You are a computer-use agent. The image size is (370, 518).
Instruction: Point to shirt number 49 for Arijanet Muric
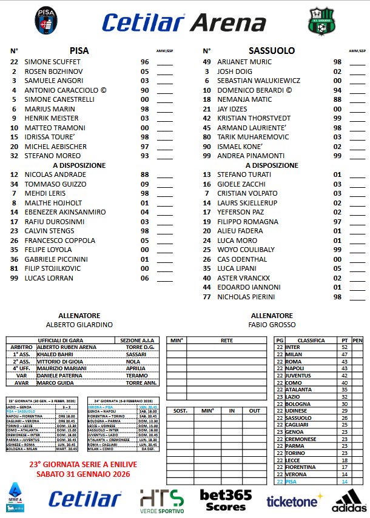[206, 62]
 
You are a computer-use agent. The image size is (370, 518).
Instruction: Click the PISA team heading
[79, 51]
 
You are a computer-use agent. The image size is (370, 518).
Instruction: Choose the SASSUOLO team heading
[272, 51]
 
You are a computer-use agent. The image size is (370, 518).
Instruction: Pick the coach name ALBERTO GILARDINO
[79, 325]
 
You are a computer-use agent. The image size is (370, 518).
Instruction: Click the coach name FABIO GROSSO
[272, 325]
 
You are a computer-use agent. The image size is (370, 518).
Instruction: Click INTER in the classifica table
[294, 347]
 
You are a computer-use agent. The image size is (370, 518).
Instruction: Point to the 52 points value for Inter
[345, 347]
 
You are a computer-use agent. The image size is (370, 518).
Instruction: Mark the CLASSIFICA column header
[311, 340]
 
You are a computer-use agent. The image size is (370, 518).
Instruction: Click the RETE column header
[227, 340]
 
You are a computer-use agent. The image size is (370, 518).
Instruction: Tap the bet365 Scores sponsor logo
[226, 499]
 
